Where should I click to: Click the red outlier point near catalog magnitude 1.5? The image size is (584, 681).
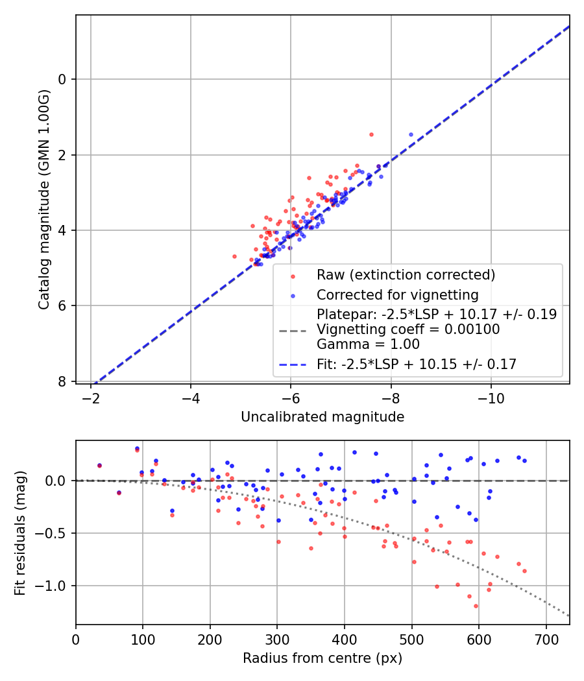tap(371, 135)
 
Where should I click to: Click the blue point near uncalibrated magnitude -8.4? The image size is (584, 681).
tap(411, 135)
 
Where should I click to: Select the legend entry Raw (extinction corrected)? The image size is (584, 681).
tap(406, 275)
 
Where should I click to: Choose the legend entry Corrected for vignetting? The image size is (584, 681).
tap(397, 295)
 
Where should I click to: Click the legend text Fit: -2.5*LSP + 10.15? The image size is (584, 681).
tap(416, 364)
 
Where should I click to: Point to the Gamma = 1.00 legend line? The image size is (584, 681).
tap(368, 344)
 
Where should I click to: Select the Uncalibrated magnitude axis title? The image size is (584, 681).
tap(322, 417)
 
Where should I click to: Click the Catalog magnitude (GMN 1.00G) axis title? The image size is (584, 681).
tap(43, 200)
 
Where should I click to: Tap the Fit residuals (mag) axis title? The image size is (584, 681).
tap(20, 532)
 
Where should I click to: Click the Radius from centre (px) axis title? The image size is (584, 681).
tap(322, 658)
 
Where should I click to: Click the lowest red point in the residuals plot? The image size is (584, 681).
tap(476, 606)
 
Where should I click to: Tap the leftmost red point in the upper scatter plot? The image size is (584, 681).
tap(235, 256)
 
